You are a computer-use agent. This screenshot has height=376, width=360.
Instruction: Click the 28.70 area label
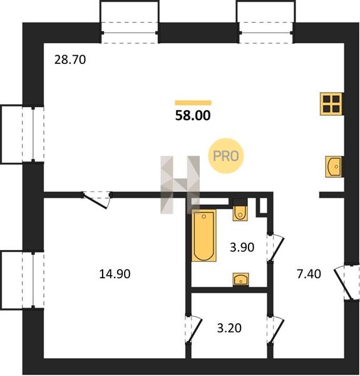70,60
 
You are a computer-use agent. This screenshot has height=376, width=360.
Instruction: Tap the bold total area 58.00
193,115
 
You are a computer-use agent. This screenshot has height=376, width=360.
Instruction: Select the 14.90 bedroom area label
115,274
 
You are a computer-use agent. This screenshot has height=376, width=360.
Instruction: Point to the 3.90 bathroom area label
242,248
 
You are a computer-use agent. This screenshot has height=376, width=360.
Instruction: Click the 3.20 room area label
229,328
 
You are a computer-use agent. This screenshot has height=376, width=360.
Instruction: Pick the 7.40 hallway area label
309,274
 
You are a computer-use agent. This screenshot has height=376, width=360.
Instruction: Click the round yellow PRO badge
226,156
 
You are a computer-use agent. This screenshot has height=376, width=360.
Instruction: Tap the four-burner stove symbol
332,104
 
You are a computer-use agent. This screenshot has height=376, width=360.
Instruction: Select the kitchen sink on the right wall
334,167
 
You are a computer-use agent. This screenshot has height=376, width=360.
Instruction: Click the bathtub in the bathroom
204,236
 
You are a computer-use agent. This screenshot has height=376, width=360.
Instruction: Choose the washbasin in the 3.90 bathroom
240,279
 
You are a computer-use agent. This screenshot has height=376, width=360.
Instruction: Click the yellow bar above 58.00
193,103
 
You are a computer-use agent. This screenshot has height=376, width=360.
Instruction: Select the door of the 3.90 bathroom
275,248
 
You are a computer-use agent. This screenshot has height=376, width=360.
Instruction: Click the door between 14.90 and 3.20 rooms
193,329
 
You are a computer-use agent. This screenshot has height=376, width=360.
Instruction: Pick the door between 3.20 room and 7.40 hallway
275,330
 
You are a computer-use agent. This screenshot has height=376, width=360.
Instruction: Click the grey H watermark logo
180,185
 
